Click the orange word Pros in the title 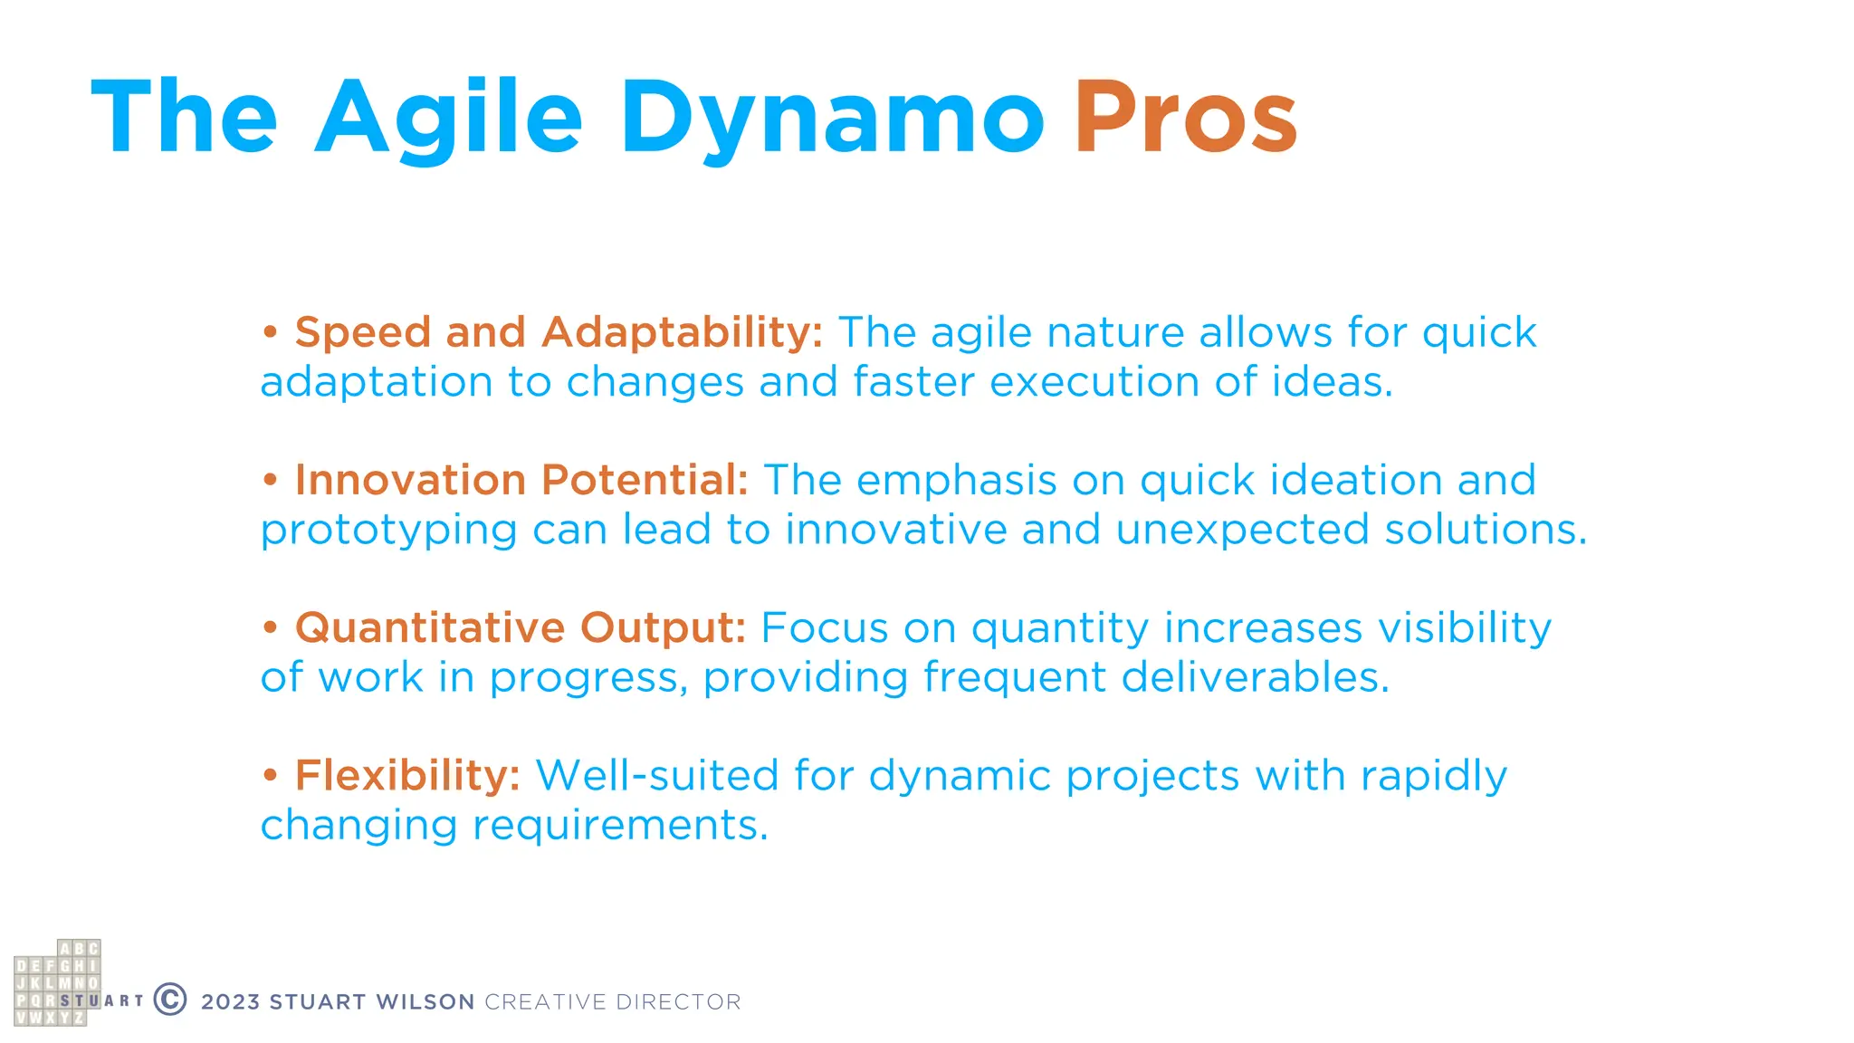click(1185, 118)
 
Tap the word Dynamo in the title click(831, 118)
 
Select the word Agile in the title click(448, 118)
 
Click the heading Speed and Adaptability click(559, 332)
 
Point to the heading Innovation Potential click(521, 480)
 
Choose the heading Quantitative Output click(521, 627)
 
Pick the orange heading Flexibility click(407, 776)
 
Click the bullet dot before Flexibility click(270, 776)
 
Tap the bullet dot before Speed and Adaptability click(270, 332)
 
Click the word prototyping click(388, 531)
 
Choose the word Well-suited click(657, 776)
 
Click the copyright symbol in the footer click(170, 1000)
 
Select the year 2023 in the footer click(230, 1002)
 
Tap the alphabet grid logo click(57, 983)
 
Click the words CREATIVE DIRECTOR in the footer click(613, 1002)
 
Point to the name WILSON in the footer click(425, 1002)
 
